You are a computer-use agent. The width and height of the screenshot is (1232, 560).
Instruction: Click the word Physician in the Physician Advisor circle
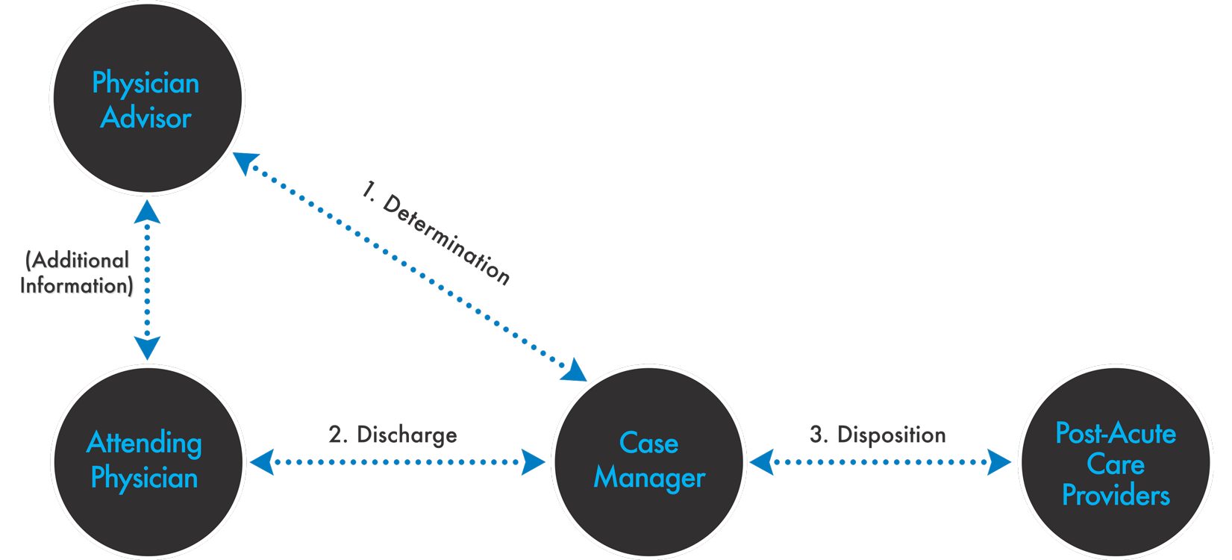pyautogui.click(x=146, y=84)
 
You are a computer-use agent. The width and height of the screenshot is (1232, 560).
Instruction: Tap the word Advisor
pyautogui.click(x=146, y=118)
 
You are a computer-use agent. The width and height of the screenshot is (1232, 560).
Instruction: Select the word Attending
pyautogui.click(x=144, y=443)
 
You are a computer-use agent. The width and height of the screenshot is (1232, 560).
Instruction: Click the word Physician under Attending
pyautogui.click(x=144, y=478)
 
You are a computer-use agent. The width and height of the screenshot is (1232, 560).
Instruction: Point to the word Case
pyautogui.click(x=648, y=444)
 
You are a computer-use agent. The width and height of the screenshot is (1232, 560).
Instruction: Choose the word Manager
pyautogui.click(x=649, y=478)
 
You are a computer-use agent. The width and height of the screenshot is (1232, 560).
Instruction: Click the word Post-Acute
pyautogui.click(x=1116, y=434)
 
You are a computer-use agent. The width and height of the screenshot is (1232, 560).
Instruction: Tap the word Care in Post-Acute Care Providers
pyautogui.click(x=1116, y=464)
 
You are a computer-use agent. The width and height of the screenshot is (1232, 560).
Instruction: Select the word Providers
pyautogui.click(x=1116, y=496)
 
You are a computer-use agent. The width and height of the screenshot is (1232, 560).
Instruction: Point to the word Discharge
pyautogui.click(x=407, y=435)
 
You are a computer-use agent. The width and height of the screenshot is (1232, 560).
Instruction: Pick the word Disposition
pyautogui.click(x=891, y=435)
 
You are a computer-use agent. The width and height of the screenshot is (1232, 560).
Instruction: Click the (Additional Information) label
pyautogui.click(x=78, y=273)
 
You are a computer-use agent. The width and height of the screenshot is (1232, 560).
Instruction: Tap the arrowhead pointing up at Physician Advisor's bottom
pyautogui.click(x=147, y=212)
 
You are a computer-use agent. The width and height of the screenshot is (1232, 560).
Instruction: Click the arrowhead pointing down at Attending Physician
pyautogui.click(x=147, y=348)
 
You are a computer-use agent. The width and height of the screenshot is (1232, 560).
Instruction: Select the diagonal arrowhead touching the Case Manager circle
pyautogui.click(x=575, y=370)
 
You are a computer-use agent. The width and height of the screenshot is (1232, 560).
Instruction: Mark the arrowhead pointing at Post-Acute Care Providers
pyautogui.click(x=999, y=462)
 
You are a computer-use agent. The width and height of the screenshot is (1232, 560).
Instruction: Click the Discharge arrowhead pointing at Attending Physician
pyautogui.click(x=262, y=462)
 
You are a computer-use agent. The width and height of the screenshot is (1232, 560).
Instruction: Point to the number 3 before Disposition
pyautogui.click(x=818, y=435)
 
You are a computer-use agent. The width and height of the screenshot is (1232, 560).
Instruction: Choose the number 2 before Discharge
pyautogui.click(x=337, y=435)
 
